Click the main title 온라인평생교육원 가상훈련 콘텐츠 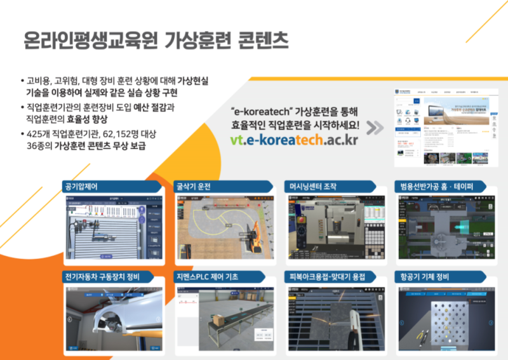pos(155,41)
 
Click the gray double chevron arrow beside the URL pos(375,128)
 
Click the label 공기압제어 pos(84,187)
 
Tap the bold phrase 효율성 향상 pos(88,119)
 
